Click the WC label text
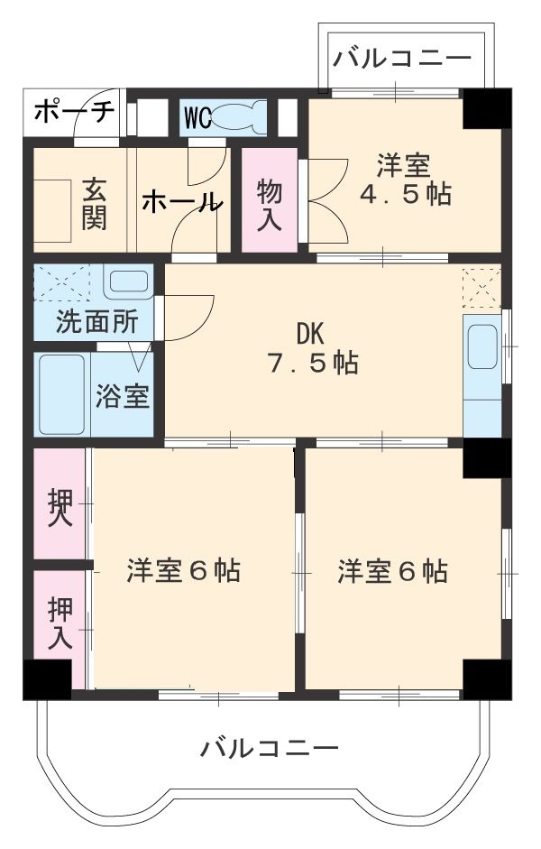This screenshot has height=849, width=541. [x=198, y=117]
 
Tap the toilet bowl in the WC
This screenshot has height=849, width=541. [x=239, y=117]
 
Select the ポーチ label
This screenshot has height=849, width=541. [x=74, y=113]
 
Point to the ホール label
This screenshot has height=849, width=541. [x=180, y=202]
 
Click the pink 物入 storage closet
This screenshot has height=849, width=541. [x=269, y=203]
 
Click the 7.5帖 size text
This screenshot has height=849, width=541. [x=312, y=364]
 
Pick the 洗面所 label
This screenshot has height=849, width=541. [x=93, y=322]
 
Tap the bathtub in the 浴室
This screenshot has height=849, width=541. [x=62, y=393]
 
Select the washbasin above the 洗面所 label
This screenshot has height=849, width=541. [x=127, y=281]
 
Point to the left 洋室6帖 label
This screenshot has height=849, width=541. [x=183, y=572]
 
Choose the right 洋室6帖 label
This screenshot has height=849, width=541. [x=393, y=572]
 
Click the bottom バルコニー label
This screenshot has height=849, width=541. [x=270, y=748]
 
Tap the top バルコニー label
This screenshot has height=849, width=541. [x=402, y=60]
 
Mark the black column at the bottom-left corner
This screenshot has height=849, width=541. [x=47, y=679]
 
